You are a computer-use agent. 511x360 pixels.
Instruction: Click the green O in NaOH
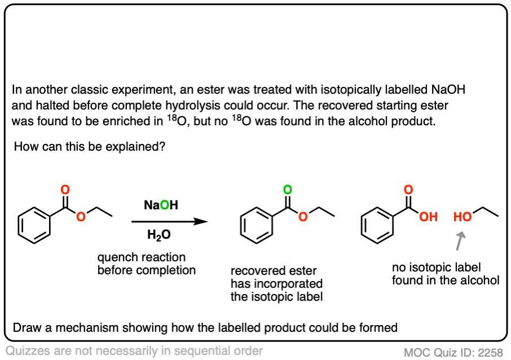pyautogui.click(x=165, y=206)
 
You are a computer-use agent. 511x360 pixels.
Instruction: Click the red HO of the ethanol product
pyautogui.click(x=463, y=216)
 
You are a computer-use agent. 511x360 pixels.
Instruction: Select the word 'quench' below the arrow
pyautogui.click(x=116, y=257)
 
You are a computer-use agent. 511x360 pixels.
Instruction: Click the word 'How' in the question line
pyautogui.click(x=25, y=147)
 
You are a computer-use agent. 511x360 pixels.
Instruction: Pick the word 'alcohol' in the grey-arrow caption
pyautogui.click(x=479, y=280)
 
